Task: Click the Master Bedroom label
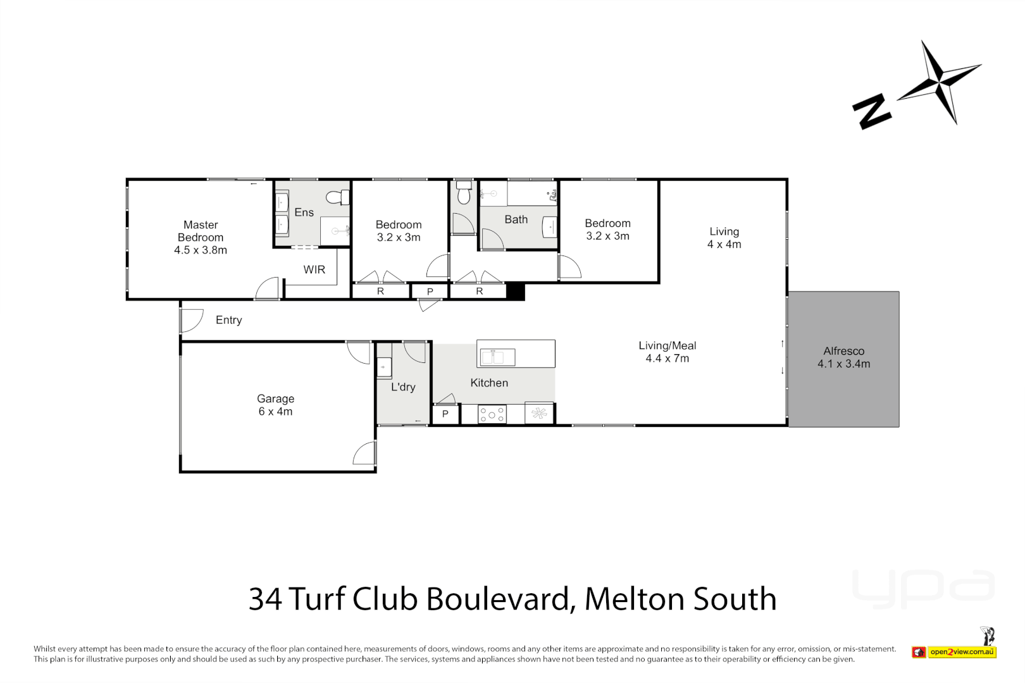201,237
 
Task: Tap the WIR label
314,270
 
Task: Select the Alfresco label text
843,352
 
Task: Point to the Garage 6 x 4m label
275,405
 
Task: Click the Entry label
228,320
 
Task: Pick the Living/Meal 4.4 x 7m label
667,352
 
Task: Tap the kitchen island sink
497,357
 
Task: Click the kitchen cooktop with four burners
492,414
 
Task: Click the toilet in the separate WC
464,194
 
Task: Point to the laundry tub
384,367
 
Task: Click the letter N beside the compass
871,112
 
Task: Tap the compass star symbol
939,82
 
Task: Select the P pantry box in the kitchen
445,414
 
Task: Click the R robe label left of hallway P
380,292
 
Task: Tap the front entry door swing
192,320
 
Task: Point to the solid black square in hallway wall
516,292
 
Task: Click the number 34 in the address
265,599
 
